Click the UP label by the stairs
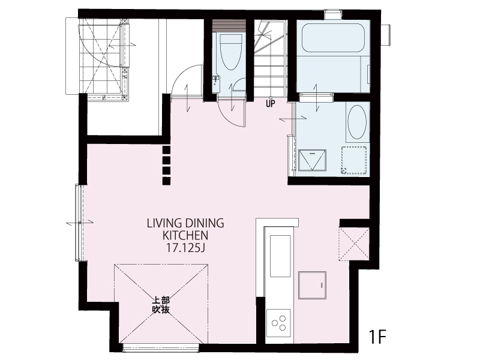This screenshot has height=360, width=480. (271, 104)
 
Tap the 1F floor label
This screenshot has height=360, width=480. (377, 337)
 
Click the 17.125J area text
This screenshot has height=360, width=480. (185, 248)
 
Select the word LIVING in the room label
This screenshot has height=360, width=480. (164, 223)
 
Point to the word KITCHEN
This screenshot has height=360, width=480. (185, 236)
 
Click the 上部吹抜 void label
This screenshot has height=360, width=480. (161, 305)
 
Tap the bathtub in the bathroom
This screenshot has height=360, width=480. (333, 37)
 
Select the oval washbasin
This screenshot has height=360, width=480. (357, 122)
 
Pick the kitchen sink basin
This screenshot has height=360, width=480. (280, 256)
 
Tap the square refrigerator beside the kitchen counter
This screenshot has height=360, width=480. (312, 285)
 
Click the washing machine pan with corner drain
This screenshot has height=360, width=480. (354, 160)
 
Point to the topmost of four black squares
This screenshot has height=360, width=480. (166, 149)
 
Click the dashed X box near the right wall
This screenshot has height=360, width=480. (354, 244)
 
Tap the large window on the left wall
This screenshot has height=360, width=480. (79, 223)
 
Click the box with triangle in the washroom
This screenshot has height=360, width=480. (312, 160)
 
